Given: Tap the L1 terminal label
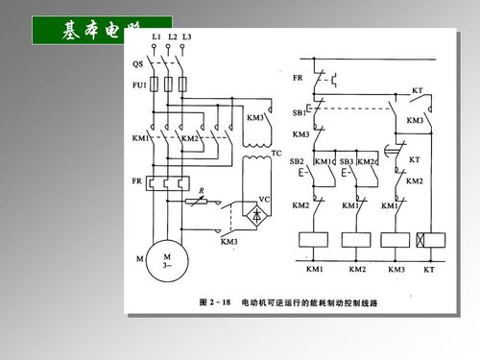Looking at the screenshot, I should click(x=156, y=36).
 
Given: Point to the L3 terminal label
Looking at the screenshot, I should click(x=186, y=36).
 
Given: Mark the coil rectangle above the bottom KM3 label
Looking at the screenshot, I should click(x=396, y=240).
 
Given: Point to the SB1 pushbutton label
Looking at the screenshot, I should click(x=300, y=112).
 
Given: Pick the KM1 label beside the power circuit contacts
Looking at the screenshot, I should click(x=138, y=138).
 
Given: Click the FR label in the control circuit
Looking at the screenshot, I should click(x=298, y=74).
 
